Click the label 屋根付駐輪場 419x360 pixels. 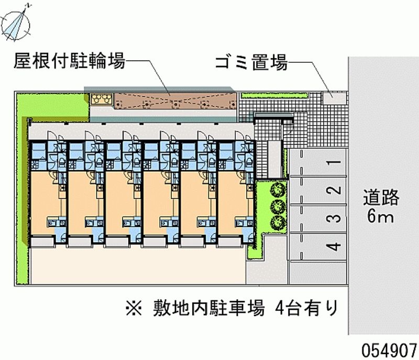pos(70,61)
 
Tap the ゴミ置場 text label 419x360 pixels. pos(251,62)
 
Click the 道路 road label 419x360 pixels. pos(381,198)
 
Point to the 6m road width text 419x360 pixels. pos(381,216)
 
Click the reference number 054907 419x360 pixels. pos(389,351)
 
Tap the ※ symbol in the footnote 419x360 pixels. pos(134,308)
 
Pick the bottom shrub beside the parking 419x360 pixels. pos(278,222)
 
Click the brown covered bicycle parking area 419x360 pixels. pos(175,101)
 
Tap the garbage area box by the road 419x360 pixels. pos(334,98)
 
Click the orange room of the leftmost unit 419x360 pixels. pos(44,203)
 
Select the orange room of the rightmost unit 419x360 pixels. pos(231,203)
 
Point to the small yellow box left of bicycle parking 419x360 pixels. pos(101,99)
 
